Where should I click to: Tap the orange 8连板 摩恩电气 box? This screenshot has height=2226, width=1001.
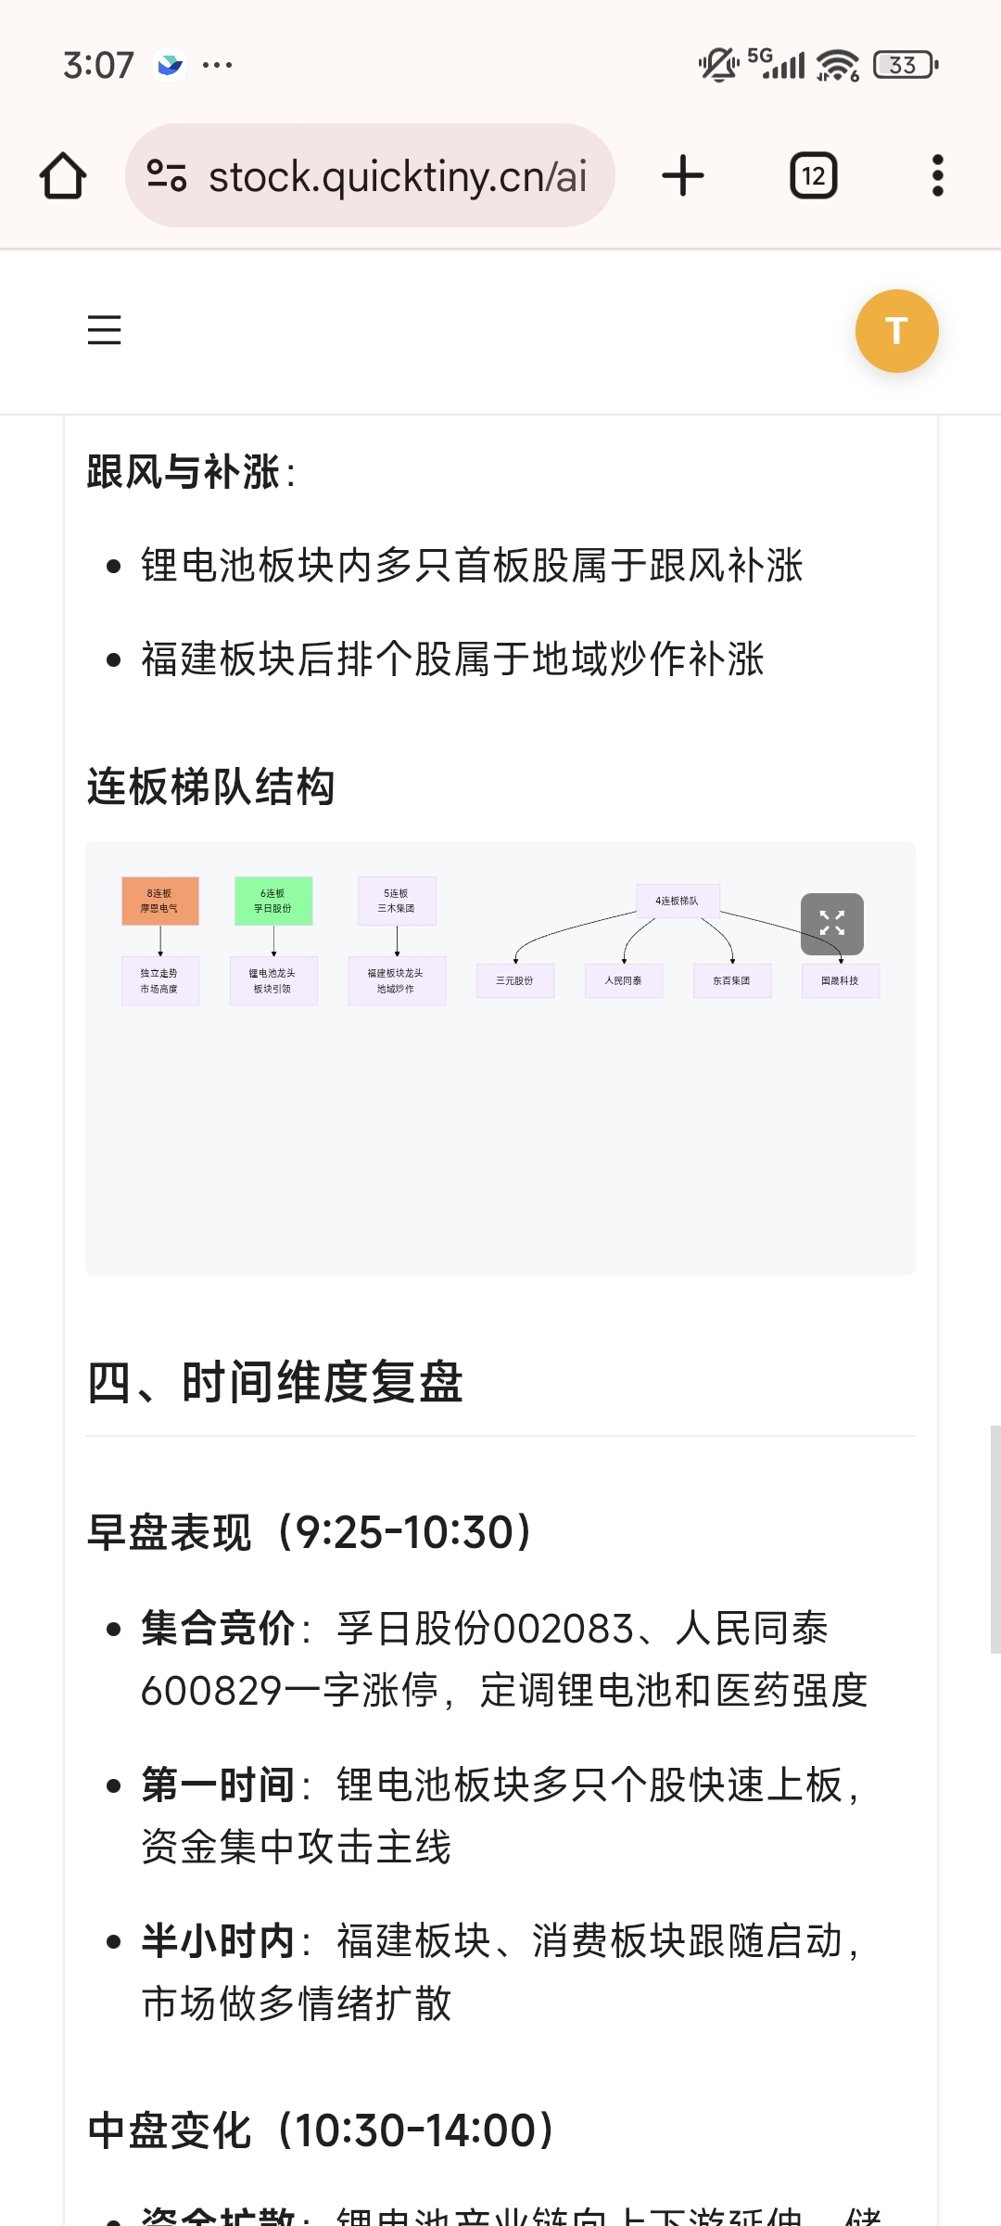[160, 901]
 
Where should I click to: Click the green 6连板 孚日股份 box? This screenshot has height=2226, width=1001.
[273, 901]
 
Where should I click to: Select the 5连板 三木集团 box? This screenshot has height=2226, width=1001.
[397, 901]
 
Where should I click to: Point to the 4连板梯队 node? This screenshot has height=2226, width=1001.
[678, 901]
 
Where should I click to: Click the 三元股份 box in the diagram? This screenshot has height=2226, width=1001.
[515, 980]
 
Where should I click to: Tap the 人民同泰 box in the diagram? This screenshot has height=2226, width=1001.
[624, 980]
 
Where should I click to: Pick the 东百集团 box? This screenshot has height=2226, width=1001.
[732, 980]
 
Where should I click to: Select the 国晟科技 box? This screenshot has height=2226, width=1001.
[841, 980]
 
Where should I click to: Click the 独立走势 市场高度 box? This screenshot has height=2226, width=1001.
[160, 980]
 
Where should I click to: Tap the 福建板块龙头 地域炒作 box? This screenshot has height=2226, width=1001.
[397, 980]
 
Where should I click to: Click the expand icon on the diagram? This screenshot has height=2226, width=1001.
[832, 923]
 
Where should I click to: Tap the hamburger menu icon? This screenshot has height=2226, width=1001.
[105, 330]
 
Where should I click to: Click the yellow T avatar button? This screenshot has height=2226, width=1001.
[896, 331]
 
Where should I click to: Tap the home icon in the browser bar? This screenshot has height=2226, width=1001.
[63, 175]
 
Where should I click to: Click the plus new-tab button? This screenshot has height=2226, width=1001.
[683, 175]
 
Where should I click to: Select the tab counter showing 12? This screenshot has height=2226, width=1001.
[813, 175]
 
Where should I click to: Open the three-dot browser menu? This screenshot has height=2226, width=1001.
[937, 175]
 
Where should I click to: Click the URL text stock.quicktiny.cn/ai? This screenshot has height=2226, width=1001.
[398, 176]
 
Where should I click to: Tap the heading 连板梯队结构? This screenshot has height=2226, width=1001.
[210, 787]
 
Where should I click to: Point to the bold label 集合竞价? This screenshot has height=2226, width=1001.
[218, 1629]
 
